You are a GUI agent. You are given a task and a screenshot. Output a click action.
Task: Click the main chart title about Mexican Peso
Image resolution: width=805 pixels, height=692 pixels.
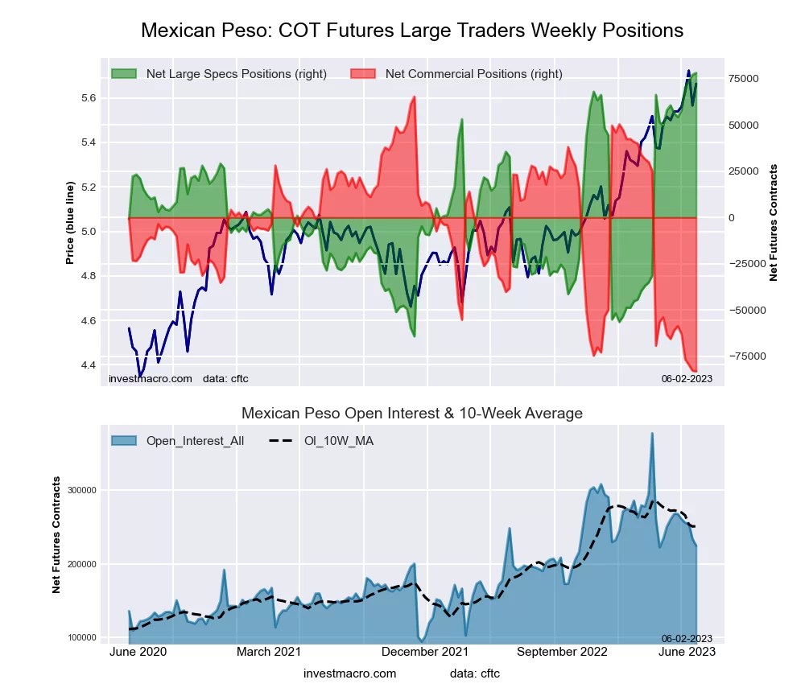point(412,31)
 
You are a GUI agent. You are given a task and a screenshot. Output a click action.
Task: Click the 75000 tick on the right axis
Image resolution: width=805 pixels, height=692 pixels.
point(745,79)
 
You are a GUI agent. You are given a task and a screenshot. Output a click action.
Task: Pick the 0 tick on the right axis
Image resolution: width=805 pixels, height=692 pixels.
point(733,218)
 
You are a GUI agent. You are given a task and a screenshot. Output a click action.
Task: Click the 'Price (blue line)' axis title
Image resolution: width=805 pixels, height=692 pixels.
point(70,223)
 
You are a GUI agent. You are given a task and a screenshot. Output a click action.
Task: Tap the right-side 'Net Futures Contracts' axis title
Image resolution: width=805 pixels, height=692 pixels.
point(774,223)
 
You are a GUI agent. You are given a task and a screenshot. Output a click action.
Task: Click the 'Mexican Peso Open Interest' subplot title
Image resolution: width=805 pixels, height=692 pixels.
point(412,414)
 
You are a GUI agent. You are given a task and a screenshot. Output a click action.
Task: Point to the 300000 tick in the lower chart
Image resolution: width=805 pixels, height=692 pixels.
point(80,490)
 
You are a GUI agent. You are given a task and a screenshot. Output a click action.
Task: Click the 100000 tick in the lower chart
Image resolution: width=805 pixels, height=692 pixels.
point(80,638)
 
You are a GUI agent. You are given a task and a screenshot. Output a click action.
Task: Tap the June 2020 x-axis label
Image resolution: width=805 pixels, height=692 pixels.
point(138,653)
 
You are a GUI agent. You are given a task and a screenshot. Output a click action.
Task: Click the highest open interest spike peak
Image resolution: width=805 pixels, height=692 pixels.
point(651,434)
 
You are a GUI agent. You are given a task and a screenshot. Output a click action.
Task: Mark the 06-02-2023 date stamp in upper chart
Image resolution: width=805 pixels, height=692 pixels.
point(687,378)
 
